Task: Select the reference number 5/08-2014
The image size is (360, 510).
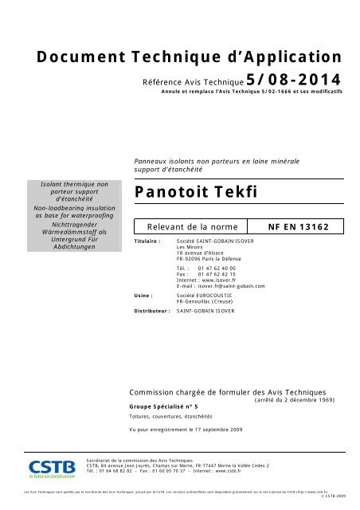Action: point(293,80)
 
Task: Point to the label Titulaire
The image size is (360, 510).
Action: point(149,239)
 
